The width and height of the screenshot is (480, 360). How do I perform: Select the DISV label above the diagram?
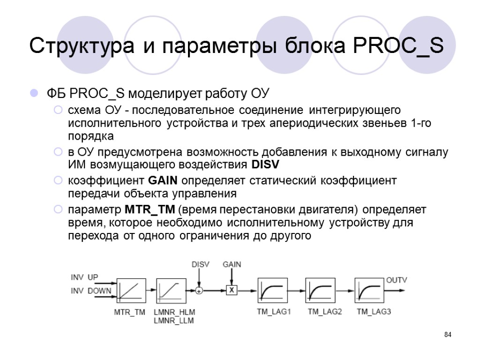point(200,264)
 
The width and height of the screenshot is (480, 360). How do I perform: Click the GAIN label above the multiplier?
point(232,264)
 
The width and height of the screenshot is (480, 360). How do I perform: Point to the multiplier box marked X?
point(231,291)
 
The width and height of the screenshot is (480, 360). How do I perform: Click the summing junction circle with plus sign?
point(199,291)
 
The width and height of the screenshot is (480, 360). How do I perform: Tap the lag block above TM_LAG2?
point(321,291)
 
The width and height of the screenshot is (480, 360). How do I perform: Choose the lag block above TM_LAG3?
point(369,291)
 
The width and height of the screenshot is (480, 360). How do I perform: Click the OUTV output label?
point(397,280)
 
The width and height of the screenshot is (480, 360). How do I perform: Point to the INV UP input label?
point(84,277)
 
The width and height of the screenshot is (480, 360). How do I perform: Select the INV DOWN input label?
point(91,291)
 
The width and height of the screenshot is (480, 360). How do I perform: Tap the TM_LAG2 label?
point(325,312)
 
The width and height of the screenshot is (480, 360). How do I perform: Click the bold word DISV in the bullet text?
point(265,165)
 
